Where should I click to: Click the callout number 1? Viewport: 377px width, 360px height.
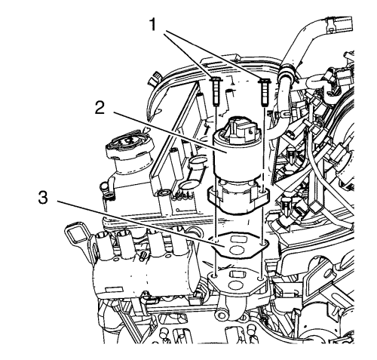(x=153, y=25)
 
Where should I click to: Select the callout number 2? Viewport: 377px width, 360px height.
(x=100, y=106)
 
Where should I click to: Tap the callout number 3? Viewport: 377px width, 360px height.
(x=43, y=197)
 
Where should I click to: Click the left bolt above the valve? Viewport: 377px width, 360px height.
(x=216, y=92)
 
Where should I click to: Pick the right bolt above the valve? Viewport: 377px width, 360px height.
(x=265, y=92)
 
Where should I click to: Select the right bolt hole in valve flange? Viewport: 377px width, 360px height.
(x=263, y=192)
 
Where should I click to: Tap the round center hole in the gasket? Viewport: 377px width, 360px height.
(x=236, y=250)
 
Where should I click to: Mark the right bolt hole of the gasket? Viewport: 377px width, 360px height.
(x=263, y=245)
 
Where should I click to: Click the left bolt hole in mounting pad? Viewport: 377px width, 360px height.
(x=215, y=276)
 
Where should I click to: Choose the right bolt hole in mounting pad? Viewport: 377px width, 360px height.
(x=262, y=278)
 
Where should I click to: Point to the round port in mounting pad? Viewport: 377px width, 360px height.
(x=234, y=284)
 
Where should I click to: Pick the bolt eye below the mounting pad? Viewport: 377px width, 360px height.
(x=222, y=315)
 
